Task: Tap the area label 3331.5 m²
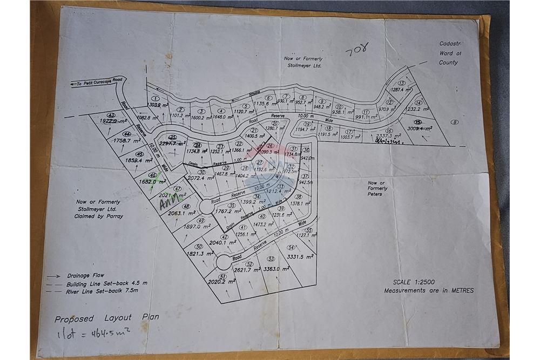tap(301, 257)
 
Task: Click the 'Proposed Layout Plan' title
tap(107, 318)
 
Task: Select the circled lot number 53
tap(271, 259)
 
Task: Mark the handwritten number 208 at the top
tap(357, 53)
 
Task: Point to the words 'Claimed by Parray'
tap(99, 216)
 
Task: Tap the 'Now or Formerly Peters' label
tap(377, 188)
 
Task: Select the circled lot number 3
tap(200, 111)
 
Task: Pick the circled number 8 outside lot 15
tap(455, 123)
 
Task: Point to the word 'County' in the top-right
tap(448, 63)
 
